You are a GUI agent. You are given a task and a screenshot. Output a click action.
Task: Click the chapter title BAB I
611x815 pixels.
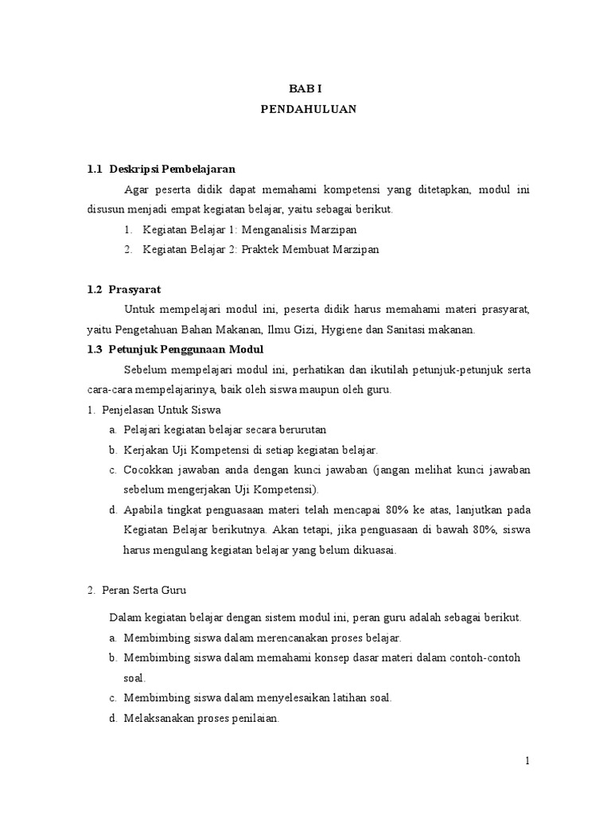click(x=309, y=90)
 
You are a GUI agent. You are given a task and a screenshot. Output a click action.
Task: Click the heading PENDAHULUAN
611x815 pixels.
click(x=309, y=110)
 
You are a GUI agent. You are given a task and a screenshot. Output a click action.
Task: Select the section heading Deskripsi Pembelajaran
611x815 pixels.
click(x=173, y=170)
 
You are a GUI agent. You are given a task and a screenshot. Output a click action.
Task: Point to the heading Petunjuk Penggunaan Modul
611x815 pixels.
click(x=187, y=349)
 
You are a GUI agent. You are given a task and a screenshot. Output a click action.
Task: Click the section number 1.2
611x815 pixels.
click(x=95, y=289)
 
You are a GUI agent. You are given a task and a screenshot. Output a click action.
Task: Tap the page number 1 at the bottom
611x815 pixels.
click(x=527, y=761)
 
